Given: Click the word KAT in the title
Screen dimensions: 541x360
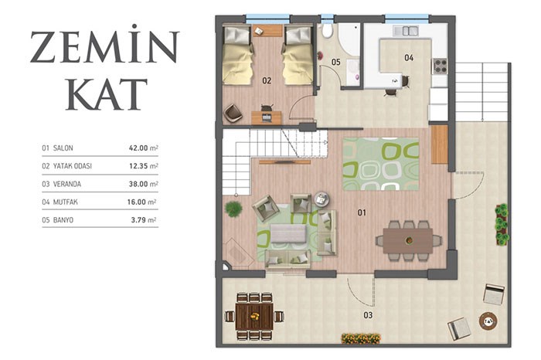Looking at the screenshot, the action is (x=107, y=93).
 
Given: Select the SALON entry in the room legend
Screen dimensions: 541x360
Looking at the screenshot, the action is (x=63, y=148).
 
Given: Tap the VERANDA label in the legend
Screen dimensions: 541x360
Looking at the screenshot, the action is (x=67, y=184).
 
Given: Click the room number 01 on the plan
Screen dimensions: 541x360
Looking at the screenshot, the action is (x=362, y=212).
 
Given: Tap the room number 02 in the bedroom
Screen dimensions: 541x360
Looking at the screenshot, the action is (x=267, y=80).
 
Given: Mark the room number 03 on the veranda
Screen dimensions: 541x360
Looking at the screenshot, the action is (x=368, y=315).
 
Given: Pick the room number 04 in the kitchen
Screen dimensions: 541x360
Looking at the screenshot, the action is (x=409, y=58).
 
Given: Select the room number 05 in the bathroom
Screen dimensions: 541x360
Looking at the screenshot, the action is (x=335, y=62).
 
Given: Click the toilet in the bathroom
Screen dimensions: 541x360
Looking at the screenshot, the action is (x=327, y=30).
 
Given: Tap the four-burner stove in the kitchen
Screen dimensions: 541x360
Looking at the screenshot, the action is (x=441, y=66).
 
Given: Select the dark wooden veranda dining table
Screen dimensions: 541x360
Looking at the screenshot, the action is (x=254, y=316).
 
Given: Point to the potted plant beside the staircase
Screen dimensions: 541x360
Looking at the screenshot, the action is (x=233, y=209).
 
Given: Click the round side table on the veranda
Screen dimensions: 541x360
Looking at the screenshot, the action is (x=488, y=321).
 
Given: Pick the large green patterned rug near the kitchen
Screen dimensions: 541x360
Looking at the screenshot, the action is (x=380, y=164).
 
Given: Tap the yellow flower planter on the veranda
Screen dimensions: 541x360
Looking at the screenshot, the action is (x=361, y=338).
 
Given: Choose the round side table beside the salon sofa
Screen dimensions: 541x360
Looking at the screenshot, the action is (x=322, y=199).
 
